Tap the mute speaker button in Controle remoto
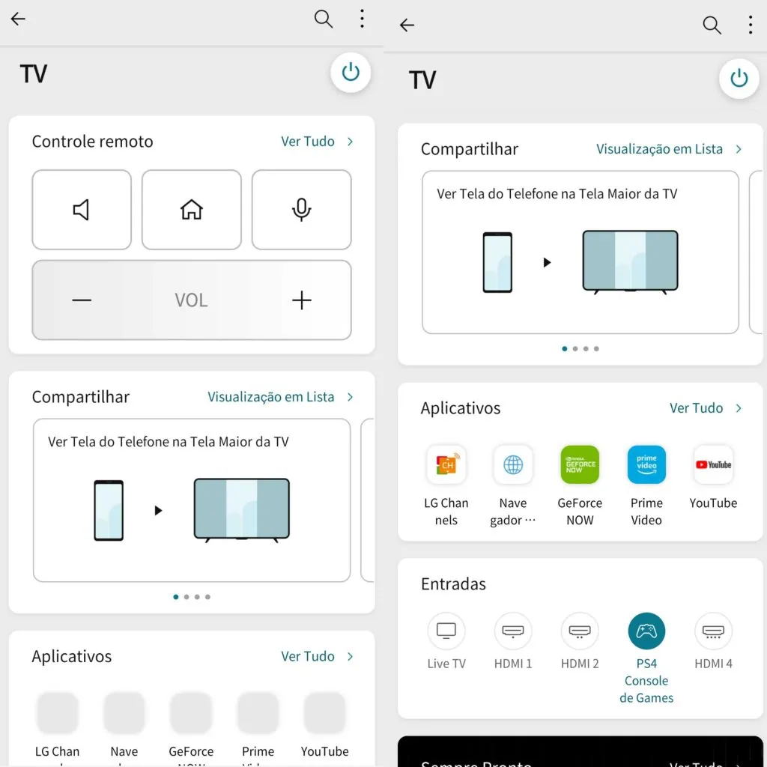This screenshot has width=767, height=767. pyautogui.click(x=81, y=210)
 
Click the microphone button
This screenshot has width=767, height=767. pyautogui.click(x=301, y=210)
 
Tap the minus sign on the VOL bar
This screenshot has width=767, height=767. pyautogui.click(x=82, y=300)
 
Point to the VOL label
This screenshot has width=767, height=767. pyautogui.click(x=191, y=300)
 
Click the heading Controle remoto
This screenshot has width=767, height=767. pyautogui.click(x=92, y=142)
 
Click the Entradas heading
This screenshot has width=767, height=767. pyautogui.click(x=453, y=583)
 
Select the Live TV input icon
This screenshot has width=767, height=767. pyautogui.click(x=446, y=631)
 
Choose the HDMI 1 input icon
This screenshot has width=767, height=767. pyautogui.click(x=513, y=631)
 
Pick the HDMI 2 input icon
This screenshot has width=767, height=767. pyautogui.click(x=580, y=631)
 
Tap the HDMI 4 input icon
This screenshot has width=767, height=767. pyautogui.click(x=713, y=631)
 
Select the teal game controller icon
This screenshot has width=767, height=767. pyautogui.click(x=646, y=631)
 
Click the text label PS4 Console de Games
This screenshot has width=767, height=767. pyautogui.click(x=646, y=680)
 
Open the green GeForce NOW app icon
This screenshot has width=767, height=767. pyautogui.click(x=580, y=464)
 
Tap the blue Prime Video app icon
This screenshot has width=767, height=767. pyautogui.click(x=646, y=464)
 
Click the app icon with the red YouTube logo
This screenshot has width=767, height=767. pyautogui.click(x=713, y=464)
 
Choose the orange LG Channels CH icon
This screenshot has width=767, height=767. pyautogui.click(x=446, y=464)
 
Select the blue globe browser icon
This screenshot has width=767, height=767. pyautogui.click(x=513, y=464)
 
